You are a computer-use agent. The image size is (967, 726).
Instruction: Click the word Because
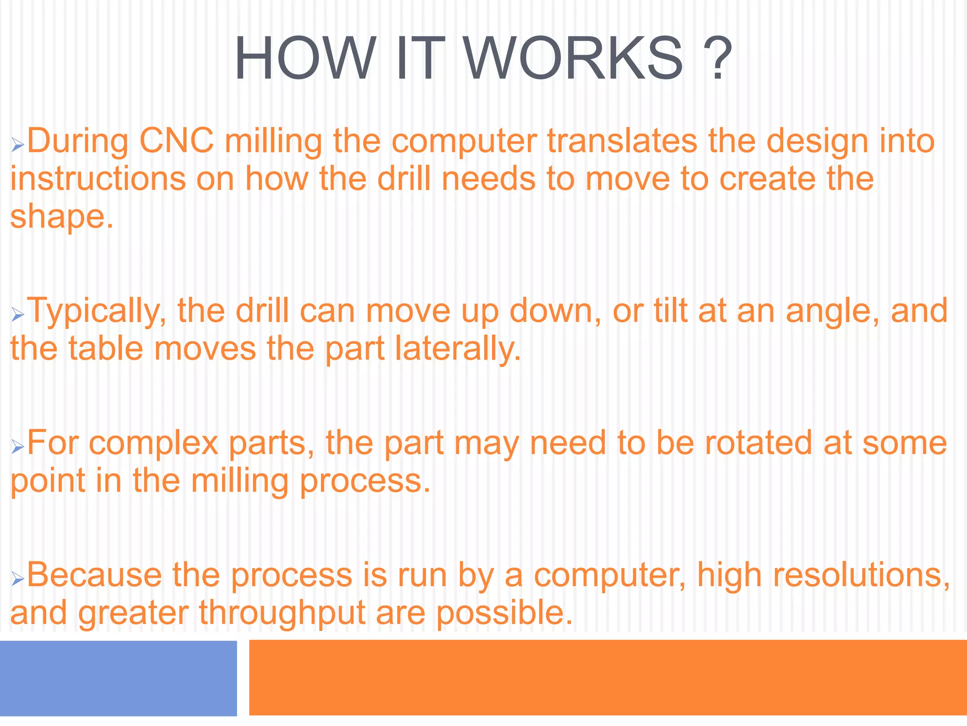click(94, 575)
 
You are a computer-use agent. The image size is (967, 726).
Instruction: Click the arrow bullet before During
click(17, 145)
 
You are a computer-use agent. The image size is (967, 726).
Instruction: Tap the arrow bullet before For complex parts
click(17, 447)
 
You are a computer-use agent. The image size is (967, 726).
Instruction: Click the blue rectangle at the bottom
click(118, 678)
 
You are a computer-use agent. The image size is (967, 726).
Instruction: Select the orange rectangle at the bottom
click(608, 677)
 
